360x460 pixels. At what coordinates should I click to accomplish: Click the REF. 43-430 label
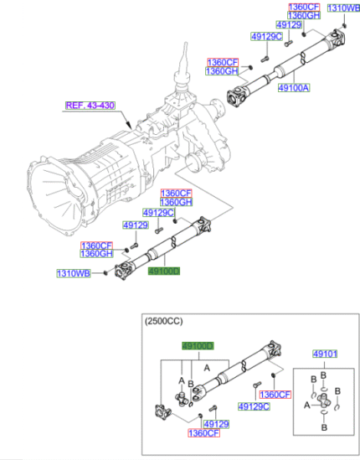pyautogui.click(x=90, y=106)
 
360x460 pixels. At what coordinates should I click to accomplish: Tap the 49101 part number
pyautogui.click(x=324, y=354)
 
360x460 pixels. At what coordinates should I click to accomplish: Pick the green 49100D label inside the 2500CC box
pyautogui.click(x=198, y=346)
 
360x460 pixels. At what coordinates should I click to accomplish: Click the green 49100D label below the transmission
pyautogui.click(x=163, y=272)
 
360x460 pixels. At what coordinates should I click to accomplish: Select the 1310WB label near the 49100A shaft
pyautogui.click(x=342, y=8)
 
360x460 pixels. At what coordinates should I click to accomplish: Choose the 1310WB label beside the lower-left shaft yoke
pyautogui.click(x=74, y=273)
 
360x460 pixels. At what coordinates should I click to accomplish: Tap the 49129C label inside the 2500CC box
pyautogui.click(x=253, y=407)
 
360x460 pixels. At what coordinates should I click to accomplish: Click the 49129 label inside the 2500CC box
pyautogui.click(x=218, y=424)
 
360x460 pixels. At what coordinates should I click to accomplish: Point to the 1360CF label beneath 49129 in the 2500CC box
pyautogui.click(x=203, y=433)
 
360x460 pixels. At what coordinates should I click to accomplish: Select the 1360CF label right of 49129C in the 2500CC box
pyautogui.click(x=274, y=395)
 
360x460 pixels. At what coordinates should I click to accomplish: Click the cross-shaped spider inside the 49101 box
pyautogui.click(x=325, y=405)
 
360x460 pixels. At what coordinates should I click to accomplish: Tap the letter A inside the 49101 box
pyautogui.click(x=306, y=405)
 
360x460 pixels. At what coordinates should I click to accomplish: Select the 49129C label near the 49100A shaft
pyautogui.click(x=265, y=37)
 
